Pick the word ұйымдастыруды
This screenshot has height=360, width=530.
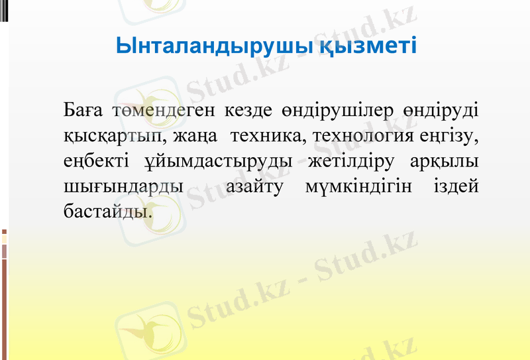point(217,163)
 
